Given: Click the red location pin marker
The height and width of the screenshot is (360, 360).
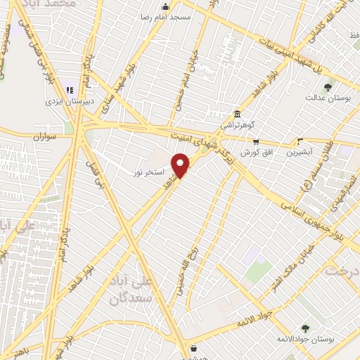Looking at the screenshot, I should (181, 166).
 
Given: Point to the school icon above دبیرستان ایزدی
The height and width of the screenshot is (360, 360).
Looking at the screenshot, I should (69, 90).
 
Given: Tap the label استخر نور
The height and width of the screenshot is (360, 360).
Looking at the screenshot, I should (149, 172).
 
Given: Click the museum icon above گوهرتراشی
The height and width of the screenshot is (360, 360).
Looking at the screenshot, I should (238, 115).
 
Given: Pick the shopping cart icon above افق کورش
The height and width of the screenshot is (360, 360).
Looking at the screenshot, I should (253, 141).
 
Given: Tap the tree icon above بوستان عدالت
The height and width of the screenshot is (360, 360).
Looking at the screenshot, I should (328, 88).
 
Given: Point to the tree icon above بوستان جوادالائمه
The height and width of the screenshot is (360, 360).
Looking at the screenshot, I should (304, 328).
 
